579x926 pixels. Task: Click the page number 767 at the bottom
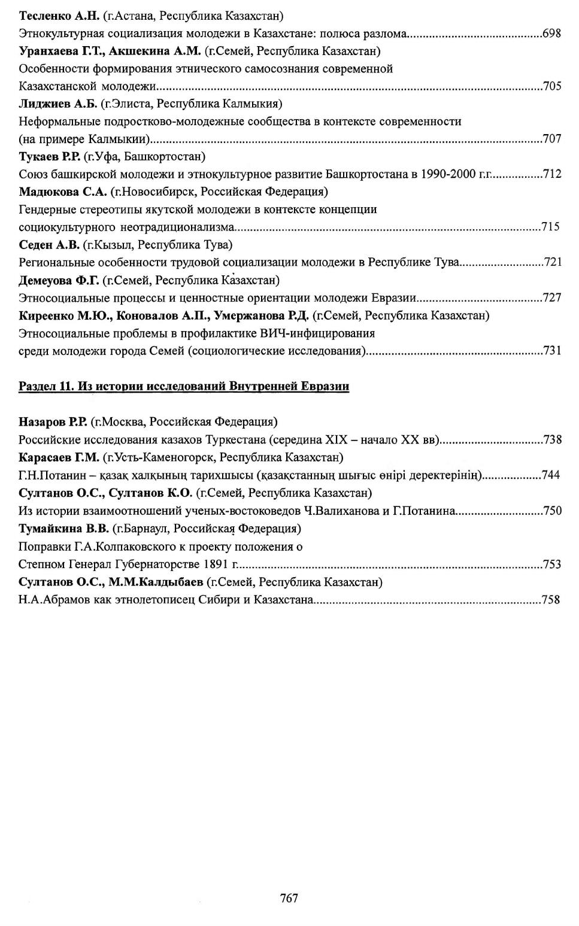click(289, 897)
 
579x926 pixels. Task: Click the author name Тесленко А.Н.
click(59, 16)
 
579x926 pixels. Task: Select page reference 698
click(551, 34)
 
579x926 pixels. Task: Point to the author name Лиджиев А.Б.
click(57, 104)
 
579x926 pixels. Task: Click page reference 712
click(551, 174)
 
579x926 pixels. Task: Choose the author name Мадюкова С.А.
click(63, 192)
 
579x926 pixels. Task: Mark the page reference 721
click(551, 262)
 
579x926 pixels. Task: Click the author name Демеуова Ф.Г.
click(59, 280)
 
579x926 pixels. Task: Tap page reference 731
click(551, 351)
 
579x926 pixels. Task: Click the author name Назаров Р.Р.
click(53, 422)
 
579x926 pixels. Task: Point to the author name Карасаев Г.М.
click(59, 457)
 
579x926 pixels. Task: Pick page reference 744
click(551, 475)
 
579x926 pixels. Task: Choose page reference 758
click(550, 599)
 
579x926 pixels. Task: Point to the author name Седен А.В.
click(48, 245)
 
